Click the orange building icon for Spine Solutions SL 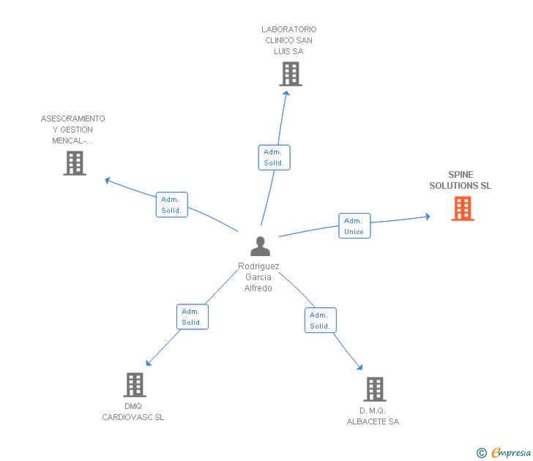(463, 209)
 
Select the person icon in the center (261, 247)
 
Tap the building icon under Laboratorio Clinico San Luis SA (291, 74)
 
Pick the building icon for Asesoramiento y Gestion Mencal (75, 163)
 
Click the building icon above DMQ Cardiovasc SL (135, 385)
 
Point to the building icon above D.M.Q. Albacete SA (375, 389)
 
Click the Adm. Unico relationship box (354, 226)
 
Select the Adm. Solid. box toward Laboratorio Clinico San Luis (274, 157)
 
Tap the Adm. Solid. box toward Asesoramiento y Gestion (171, 204)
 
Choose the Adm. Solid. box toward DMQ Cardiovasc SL (193, 317)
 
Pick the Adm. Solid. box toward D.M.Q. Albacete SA (321, 321)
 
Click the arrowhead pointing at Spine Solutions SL (428, 217)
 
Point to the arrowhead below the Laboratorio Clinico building (286, 94)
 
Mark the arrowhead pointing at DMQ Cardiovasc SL (149, 363)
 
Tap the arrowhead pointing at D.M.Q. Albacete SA (359, 367)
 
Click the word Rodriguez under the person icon (258, 266)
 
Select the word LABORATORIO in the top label (289, 29)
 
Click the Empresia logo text (511, 452)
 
